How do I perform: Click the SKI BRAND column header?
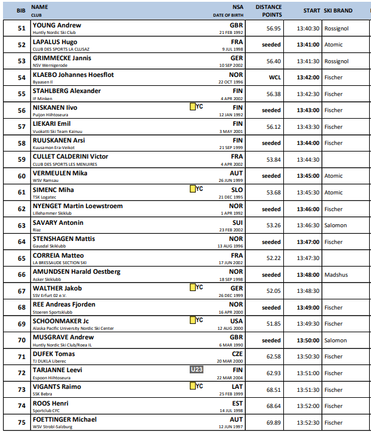coord(338,11)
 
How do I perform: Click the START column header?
coord(311,11)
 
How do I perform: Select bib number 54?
coord(21,78)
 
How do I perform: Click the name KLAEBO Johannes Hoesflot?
coord(73,75)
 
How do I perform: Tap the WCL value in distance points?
coord(274,78)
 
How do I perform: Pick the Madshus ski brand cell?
coord(336,275)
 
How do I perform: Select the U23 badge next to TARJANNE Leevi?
coord(197,370)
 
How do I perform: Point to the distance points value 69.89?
coord(273,423)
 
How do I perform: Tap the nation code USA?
coord(237,321)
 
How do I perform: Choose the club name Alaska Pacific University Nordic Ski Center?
coord(73,329)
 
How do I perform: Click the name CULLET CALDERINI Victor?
coord(70,157)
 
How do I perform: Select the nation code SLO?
coord(237,189)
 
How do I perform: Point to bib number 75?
coord(21,423)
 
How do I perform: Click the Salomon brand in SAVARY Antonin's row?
coord(335,225)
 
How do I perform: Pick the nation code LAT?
coord(237,386)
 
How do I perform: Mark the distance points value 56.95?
coord(274,28)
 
